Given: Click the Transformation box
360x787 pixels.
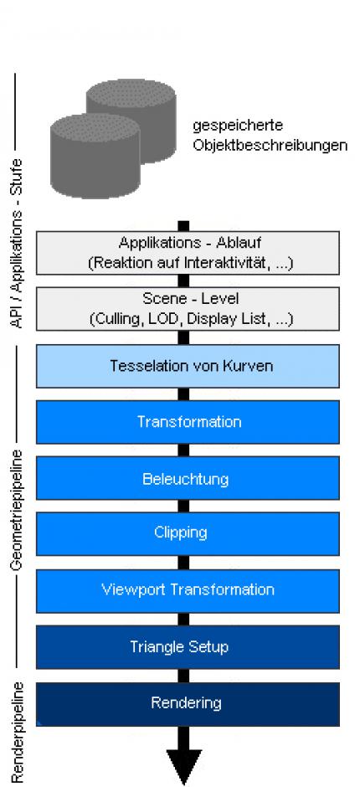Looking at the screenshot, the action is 188,422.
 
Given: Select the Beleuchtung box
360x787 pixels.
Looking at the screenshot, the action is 188,478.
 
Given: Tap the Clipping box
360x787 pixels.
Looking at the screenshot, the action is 188,533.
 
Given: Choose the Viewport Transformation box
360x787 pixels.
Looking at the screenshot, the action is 188,591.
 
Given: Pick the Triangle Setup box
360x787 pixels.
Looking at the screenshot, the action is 188,647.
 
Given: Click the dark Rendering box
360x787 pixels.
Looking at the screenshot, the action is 188,703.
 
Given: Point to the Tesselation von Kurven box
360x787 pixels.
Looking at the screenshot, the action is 188,366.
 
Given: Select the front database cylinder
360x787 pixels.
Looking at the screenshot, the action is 95,156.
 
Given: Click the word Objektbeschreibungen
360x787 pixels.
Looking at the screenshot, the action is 270,146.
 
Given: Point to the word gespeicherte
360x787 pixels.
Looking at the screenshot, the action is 238,126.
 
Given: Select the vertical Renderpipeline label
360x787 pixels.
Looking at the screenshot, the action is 18,732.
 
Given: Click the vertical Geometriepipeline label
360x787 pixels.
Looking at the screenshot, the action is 18,510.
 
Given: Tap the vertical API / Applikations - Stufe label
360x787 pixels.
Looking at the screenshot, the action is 18,244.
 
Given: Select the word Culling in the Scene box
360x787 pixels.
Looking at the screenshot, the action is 114,319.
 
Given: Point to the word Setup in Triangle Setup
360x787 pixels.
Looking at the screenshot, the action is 207,647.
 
